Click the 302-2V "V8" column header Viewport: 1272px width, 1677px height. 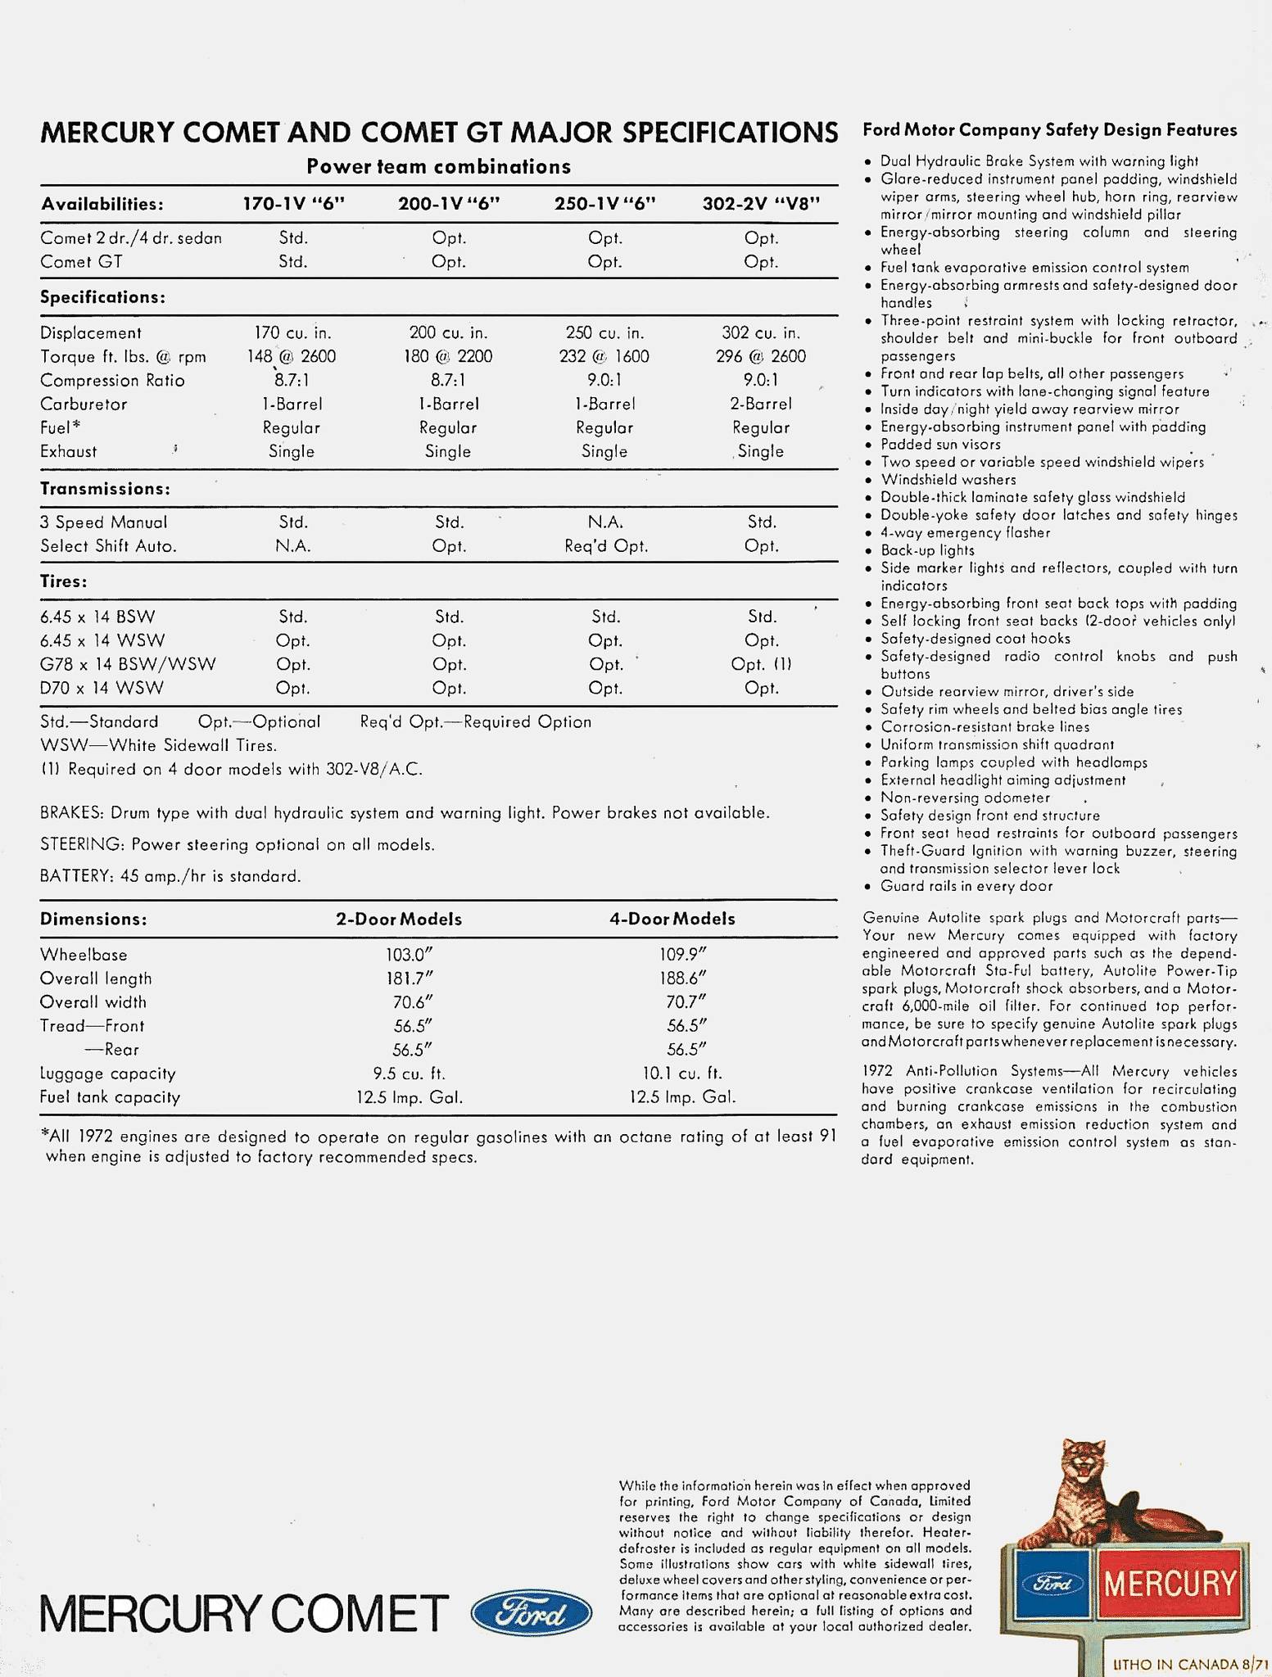(x=761, y=204)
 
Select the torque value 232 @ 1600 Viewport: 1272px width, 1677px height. (x=604, y=356)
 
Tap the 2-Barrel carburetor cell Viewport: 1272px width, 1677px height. (x=761, y=404)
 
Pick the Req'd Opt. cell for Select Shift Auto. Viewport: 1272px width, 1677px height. (x=605, y=546)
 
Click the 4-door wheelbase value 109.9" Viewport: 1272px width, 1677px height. (x=682, y=954)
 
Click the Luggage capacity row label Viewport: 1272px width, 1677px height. (x=96, y=1073)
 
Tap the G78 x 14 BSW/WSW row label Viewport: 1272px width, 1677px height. (x=128, y=664)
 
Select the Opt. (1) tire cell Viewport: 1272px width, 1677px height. (x=761, y=664)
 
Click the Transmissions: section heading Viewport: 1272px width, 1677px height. (x=105, y=489)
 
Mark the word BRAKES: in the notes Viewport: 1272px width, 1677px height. (x=71, y=813)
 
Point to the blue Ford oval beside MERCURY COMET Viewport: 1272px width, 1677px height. (x=532, y=1612)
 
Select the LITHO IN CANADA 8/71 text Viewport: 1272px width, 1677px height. (x=1188, y=1664)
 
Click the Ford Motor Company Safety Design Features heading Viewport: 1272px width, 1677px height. (x=1049, y=130)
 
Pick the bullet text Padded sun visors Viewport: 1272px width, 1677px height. (x=940, y=445)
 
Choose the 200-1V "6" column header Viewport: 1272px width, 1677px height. (x=449, y=204)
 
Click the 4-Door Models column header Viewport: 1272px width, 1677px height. (x=672, y=919)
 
